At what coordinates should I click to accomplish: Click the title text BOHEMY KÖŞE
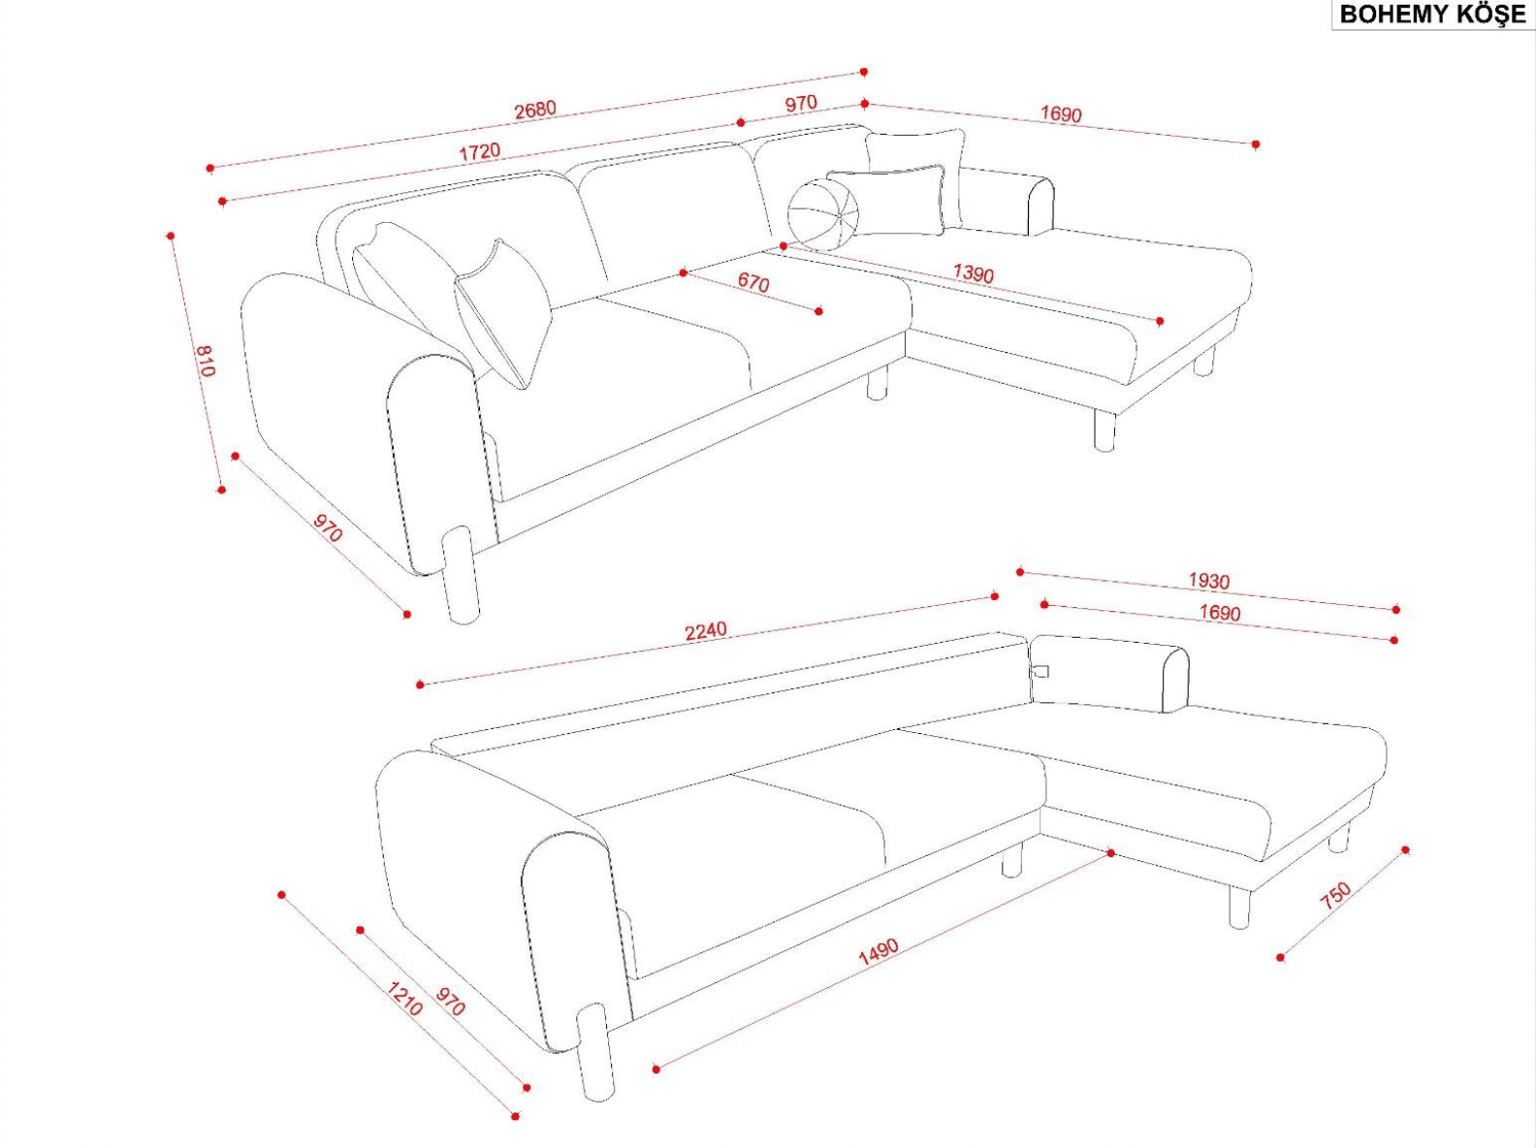1432,14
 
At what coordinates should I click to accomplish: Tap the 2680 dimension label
535,110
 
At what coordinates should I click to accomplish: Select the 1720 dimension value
480,151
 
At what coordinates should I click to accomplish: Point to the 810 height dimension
205,361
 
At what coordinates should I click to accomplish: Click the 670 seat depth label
753,282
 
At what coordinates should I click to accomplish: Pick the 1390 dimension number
974,272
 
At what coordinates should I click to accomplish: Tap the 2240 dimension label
705,631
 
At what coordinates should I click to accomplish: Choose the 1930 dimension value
1208,581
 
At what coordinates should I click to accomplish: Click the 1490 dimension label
879,952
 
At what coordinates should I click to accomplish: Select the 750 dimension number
1335,896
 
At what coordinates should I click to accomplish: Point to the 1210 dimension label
404,999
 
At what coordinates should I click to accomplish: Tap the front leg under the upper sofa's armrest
461,575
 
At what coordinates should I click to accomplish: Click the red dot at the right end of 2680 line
864,72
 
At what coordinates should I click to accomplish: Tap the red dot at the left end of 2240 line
420,685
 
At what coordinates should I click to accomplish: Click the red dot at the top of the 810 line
170,236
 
